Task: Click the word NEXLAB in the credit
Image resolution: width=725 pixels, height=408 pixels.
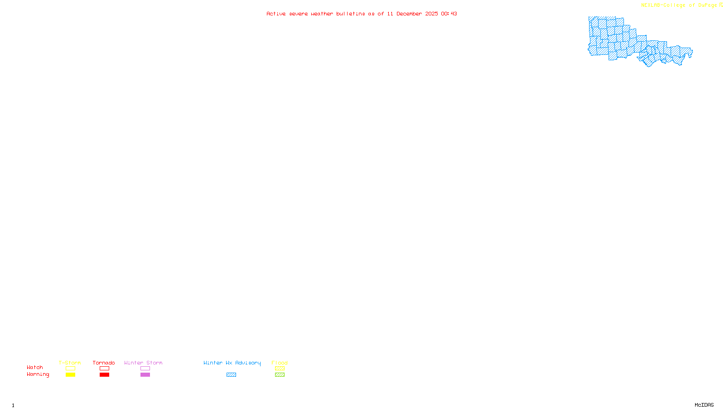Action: (651, 5)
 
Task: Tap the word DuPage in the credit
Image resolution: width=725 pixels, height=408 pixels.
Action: (707, 5)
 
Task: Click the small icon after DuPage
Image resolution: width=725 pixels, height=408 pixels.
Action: (721, 5)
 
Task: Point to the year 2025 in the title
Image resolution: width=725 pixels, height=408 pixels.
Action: (431, 14)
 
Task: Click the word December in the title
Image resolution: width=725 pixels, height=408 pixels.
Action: (409, 14)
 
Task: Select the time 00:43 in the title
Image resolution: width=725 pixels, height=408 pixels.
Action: (449, 14)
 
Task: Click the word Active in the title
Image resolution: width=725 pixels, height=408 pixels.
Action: (276, 14)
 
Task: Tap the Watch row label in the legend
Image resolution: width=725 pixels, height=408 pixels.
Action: (35, 368)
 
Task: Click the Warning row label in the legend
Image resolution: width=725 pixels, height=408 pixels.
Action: (38, 374)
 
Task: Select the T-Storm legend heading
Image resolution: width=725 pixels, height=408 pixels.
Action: (70, 363)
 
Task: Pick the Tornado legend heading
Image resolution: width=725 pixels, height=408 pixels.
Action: (104, 363)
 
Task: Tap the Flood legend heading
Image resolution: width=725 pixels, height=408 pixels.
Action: (280, 363)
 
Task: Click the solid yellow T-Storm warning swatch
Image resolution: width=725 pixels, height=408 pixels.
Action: (70, 375)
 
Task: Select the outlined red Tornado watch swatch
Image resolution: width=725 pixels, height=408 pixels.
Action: (104, 369)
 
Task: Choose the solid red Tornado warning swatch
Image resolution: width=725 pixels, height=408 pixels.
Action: (104, 375)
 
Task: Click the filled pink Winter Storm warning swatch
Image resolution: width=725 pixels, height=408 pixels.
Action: (145, 375)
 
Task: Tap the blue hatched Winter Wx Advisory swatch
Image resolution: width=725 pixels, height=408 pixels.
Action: (231, 375)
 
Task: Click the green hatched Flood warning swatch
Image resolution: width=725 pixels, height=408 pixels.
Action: (280, 375)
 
